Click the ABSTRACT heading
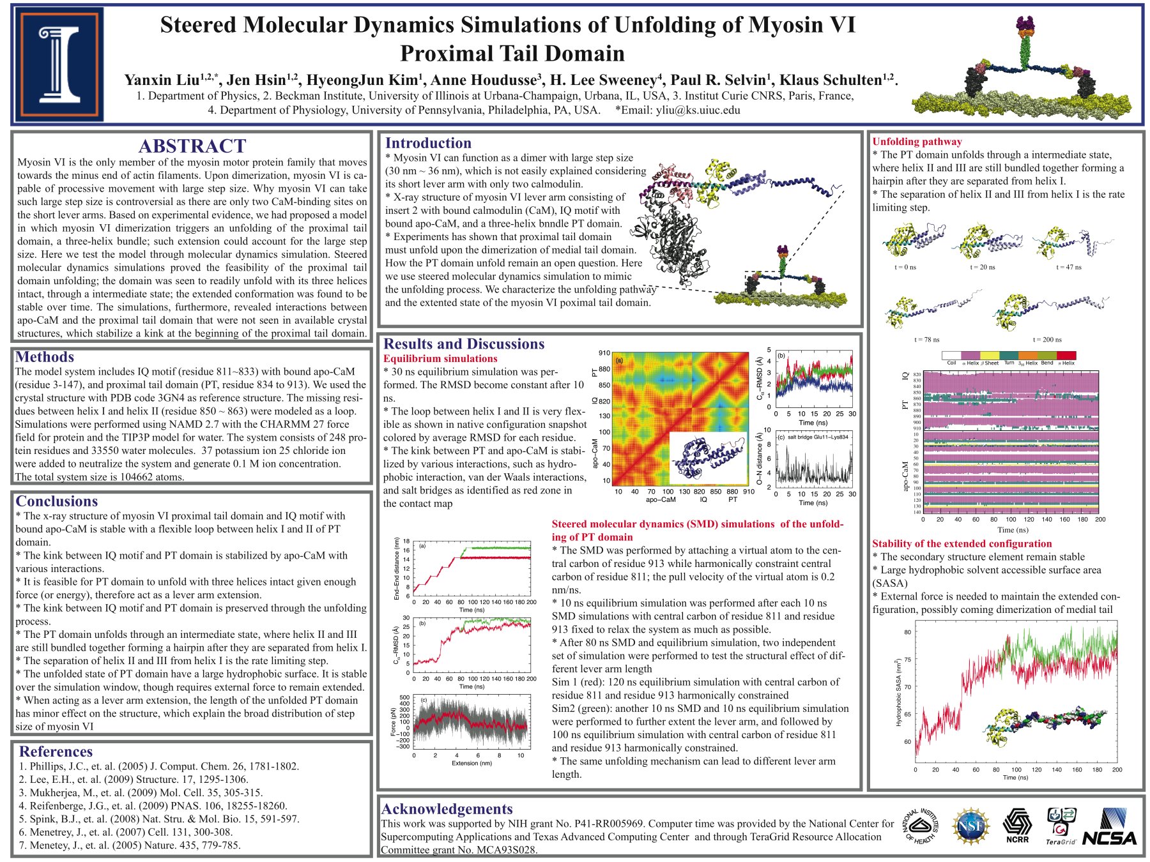pyautogui.click(x=192, y=146)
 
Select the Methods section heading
pyautogui.click(x=45, y=357)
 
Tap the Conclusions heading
pyautogui.click(x=57, y=501)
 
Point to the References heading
pyautogui.click(x=56, y=752)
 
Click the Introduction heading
pyautogui.click(x=428, y=143)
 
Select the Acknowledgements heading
pyautogui.click(x=447, y=809)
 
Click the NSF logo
pyautogui.click(x=970, y=826)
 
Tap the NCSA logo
pyautogui.click(x=1117, y=828)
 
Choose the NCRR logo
pyautogui.click(x=1017, y=826)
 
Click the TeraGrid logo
pyautogui.click(x=1061, y=826)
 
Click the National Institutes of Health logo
pyautogui.click(x=921, y=826)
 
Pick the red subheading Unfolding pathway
pyautogui.click(x=917, y=142)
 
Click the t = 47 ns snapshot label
pyautogui.click(x=1068, y=268)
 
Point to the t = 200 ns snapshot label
pyautogui.click(x=1047, y=340)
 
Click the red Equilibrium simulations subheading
pyautogui.click(x=440, y=359)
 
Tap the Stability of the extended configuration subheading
pyautogui.click(x=962, y=543)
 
